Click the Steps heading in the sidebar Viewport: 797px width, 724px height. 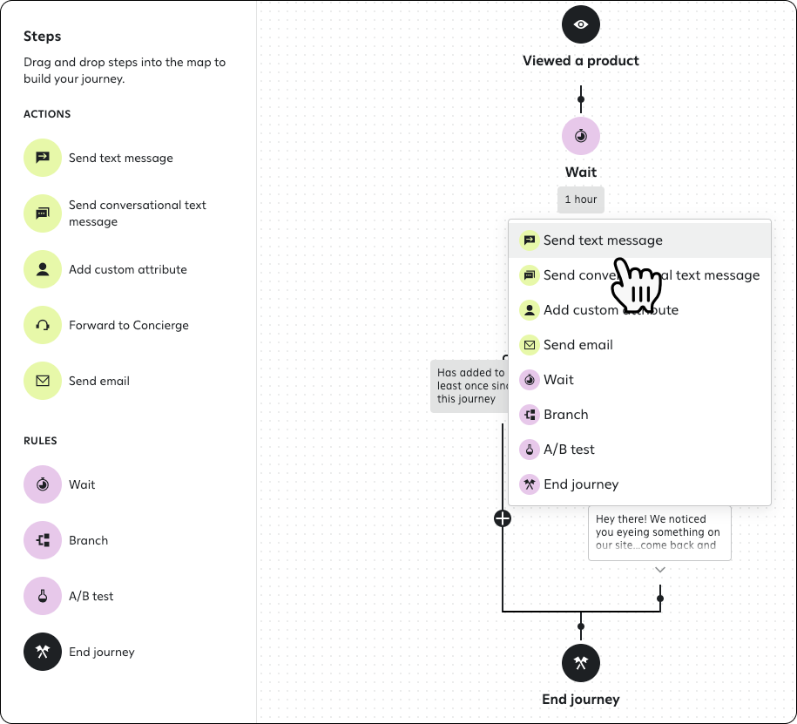[x=43, y=37]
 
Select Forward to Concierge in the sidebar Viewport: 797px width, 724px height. [x=128, y=325]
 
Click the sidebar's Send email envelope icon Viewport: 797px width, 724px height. [x=43, y=381]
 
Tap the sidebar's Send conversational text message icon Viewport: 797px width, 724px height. [x=43, y=213]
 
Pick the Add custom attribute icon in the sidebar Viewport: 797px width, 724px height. [x=43, y=269]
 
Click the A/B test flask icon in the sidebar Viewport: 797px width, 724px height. [x=43, y=596]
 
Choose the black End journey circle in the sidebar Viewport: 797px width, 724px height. [x=43, y=652]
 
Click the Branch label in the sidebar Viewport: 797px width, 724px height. [x=88, y=540]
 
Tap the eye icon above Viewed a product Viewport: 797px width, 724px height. [x=581, y=24]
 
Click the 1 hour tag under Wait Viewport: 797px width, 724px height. [x=581, y=200]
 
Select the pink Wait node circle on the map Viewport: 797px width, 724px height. [x=581, y=136]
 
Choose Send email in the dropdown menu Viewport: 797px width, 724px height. [x=577, y=345]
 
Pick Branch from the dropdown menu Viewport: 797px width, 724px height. [x=565, y=415]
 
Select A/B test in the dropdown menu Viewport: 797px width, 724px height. [x=569, y=450]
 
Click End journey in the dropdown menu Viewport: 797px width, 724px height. [x=580, y=484]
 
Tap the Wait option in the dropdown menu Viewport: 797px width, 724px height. [x=558, y=380]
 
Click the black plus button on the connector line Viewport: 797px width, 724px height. [x=503, y=518]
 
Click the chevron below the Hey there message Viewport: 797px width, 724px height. [x=660, y=570]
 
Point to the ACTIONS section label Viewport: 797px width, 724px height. [x=47, y=114]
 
